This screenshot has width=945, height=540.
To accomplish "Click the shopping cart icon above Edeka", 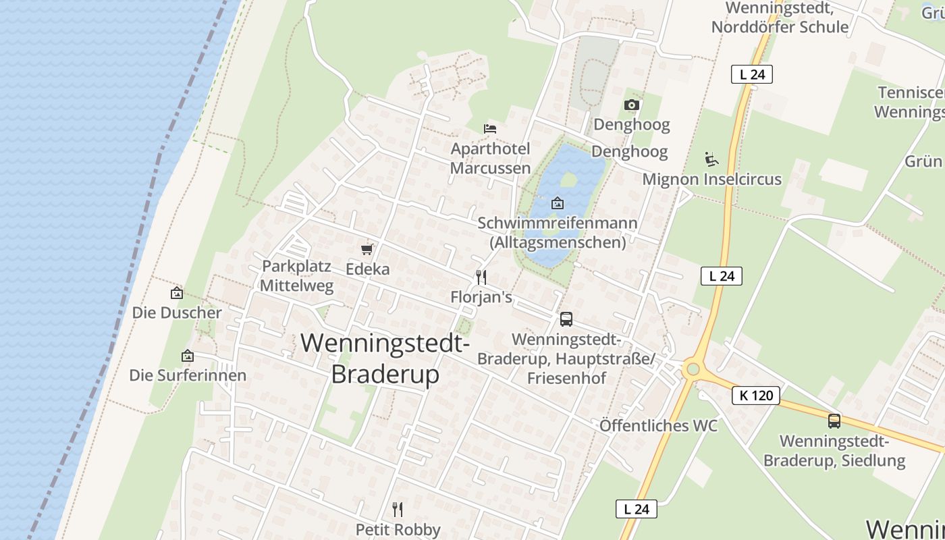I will [x=367, y=250].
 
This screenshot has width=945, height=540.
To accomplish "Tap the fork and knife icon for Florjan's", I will [x=481, y=277].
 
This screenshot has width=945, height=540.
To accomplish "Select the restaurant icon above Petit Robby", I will [x=398, y=509].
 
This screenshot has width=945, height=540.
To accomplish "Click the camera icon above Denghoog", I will [x=631, y=105].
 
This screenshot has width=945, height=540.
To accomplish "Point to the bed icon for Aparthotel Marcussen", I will [x=490, y=128].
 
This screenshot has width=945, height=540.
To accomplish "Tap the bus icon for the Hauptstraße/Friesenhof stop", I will [x=566, y=319].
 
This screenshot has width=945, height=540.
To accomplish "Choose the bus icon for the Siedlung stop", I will [x=834, y=421].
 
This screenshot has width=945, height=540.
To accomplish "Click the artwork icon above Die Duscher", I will [x=176, y=293].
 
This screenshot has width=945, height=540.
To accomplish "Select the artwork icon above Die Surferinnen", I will [x=187, y=356].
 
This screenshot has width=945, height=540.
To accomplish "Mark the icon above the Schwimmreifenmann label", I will [x=558, y=202].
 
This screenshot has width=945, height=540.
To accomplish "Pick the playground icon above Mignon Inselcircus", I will [x=711, y=159].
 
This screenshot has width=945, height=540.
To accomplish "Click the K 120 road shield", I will [x=755, y=396].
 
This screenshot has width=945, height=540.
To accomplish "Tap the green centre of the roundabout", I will [x=691, y=369].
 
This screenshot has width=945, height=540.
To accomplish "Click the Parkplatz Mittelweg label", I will [x=296, y=275].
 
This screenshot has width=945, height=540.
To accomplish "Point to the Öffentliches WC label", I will [x=658, y=426].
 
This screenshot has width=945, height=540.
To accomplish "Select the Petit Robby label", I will [x=398, y=530].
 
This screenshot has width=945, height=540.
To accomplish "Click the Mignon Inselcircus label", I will [x=711, y=180].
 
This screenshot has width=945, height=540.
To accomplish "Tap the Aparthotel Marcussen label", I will [x=490, y=158].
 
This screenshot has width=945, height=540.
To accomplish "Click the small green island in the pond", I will [x=568, y=180].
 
